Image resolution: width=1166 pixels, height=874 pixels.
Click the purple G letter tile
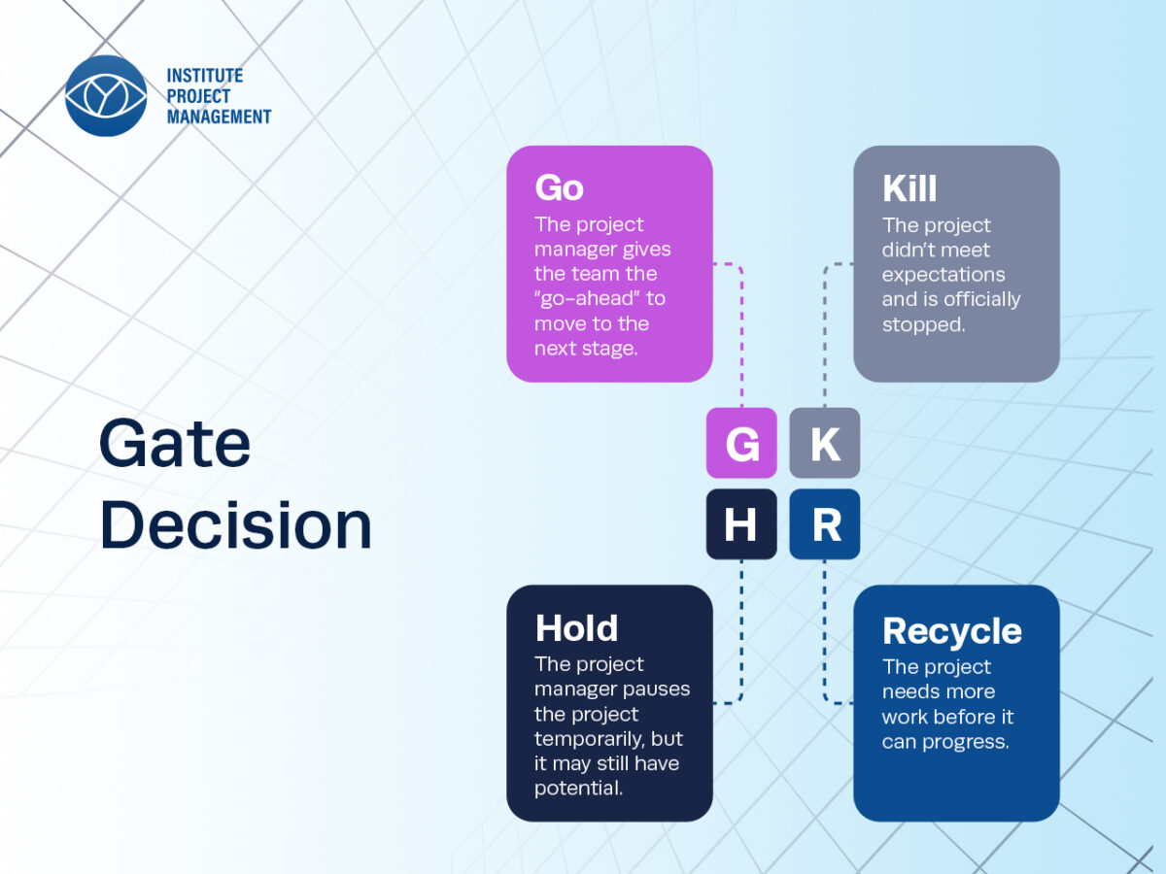click(741, 443)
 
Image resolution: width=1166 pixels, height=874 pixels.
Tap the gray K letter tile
click(824, 443)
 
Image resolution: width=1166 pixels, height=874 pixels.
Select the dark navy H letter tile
click(741, 523)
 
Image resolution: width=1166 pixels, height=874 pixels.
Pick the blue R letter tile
click(824, 523)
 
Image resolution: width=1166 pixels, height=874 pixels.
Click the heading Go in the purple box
click(559, 187)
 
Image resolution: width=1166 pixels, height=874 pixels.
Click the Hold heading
click(577, 627)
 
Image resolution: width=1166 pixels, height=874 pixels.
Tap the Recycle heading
click(952, 632)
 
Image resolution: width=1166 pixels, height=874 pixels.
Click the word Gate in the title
click(175, 443)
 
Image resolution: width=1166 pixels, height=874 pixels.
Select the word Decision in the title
click(236, 523)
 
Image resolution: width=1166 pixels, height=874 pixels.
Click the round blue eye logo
click(106, 95)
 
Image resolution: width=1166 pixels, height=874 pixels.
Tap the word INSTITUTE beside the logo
click(205, 76)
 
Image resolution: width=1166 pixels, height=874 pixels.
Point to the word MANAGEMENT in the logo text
click(219, 117)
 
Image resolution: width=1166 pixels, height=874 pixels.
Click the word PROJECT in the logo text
click(198, 96)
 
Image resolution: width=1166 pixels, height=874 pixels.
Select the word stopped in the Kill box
click(923, 324)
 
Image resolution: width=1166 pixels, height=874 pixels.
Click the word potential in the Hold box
click(578, 789)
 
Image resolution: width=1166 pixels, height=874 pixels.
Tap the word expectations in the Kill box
click(943, 276)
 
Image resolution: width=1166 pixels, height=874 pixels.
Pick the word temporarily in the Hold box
click(590, 739)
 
